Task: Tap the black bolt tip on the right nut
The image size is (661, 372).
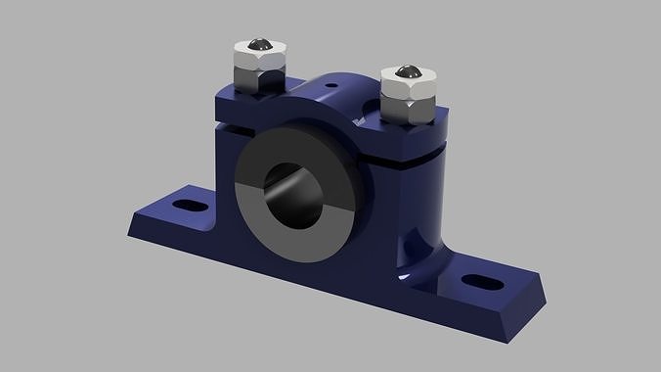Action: point(405,72)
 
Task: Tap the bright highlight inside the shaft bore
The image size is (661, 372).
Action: point(315,196)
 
